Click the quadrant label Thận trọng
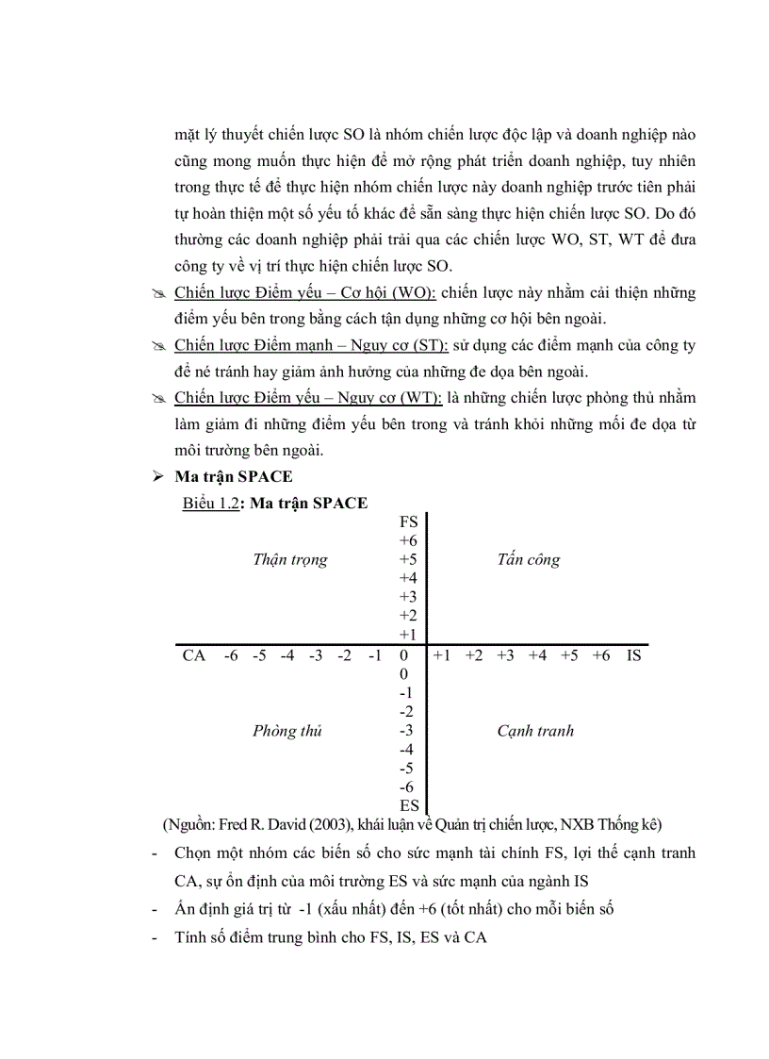click(x=290, y=559)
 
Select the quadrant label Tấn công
click(x=529, y=559)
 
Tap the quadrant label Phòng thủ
click(x=287, y=731)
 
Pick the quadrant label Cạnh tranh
click(x=535, y=731)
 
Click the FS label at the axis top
click(x=409, y=521)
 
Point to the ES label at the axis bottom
click(x=409, y=805)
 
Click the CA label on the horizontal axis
click(x=194, y=655)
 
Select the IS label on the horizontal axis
click(x=633, y=655)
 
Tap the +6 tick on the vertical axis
click(x=408, y=540)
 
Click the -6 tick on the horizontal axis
click(x=231, y=655)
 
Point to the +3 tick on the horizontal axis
click(x=505, y=655)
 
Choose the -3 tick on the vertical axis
click(x=407, y=730)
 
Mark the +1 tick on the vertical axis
click(x=408, y=635)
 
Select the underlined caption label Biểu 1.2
click(x=211, y=503)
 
